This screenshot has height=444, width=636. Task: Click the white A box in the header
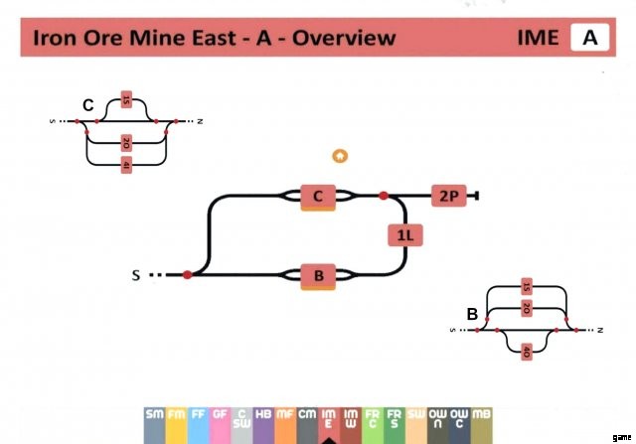(589, 38)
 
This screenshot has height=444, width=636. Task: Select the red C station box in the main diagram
(318, 196)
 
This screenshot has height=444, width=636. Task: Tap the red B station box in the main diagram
(318, 274)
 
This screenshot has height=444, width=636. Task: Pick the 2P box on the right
(448, 196)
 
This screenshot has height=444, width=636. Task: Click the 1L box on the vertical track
(404, 235)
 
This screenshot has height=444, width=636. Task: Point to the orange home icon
(340, 155)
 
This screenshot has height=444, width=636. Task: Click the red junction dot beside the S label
(187, 274)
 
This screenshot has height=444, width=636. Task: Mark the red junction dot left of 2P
(384, 196)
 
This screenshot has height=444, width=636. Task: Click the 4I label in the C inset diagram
(126, 166)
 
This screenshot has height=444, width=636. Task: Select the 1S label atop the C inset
(126, 99)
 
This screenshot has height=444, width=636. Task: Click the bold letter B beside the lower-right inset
(473, 314)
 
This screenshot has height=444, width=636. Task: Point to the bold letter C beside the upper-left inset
(87, 104)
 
